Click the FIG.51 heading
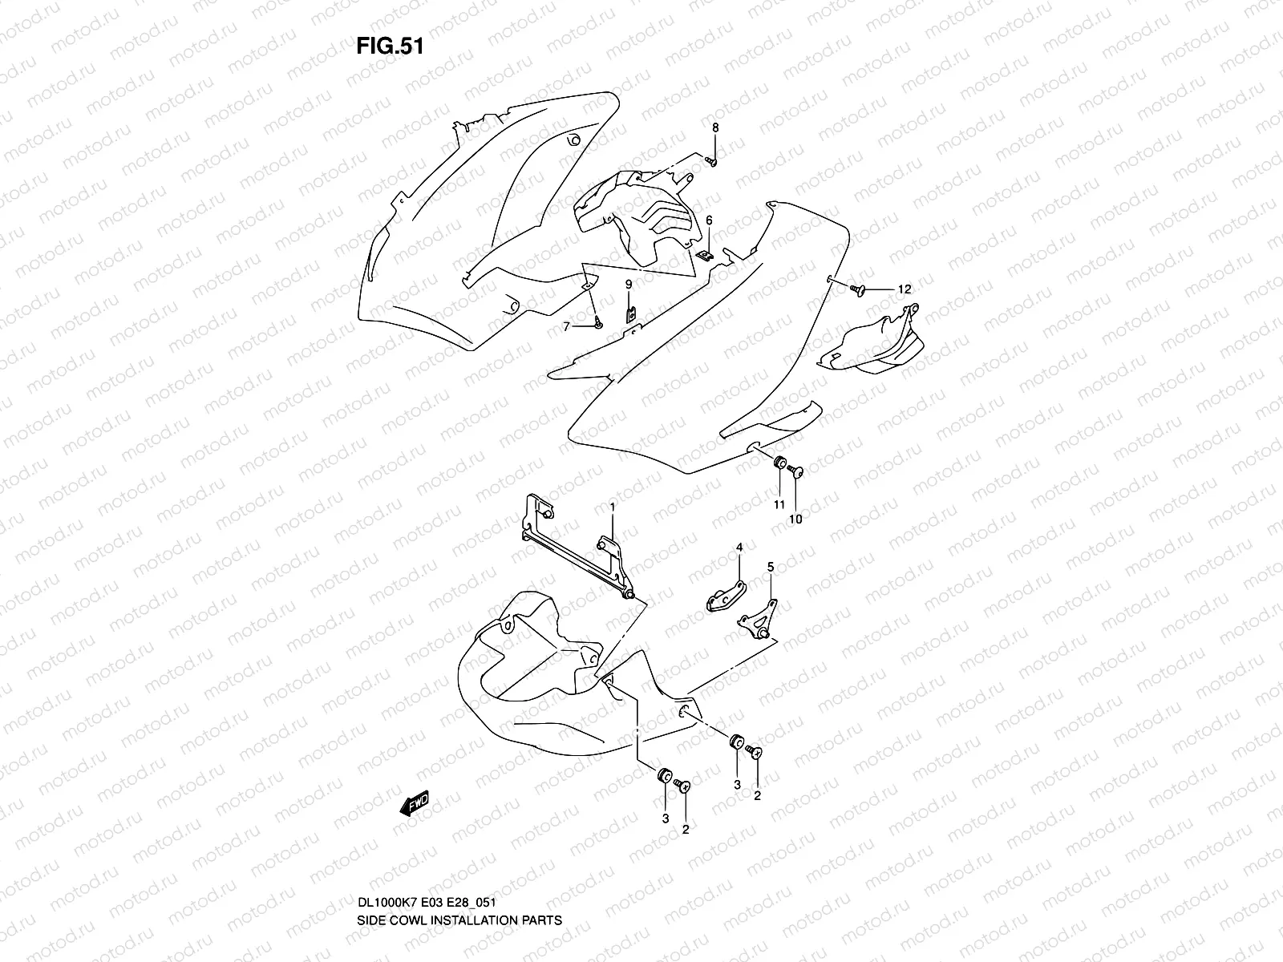point(389,46)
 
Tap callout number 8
point(715,127)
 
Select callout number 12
point(905,289)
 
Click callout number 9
point(629,284)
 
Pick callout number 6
point(709,220)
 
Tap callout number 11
point(779,503)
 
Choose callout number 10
point(796,519)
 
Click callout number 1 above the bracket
point(613,507)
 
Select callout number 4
point(740,547)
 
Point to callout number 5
point(771,567)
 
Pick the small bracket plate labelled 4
point(725,598)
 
